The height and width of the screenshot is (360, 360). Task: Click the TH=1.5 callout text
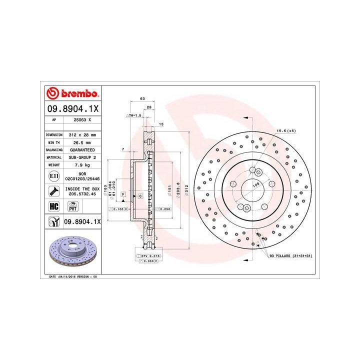[134, 115]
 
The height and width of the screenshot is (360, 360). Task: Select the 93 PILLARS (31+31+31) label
[291, 255]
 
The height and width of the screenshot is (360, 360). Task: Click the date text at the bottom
[73, 276]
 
